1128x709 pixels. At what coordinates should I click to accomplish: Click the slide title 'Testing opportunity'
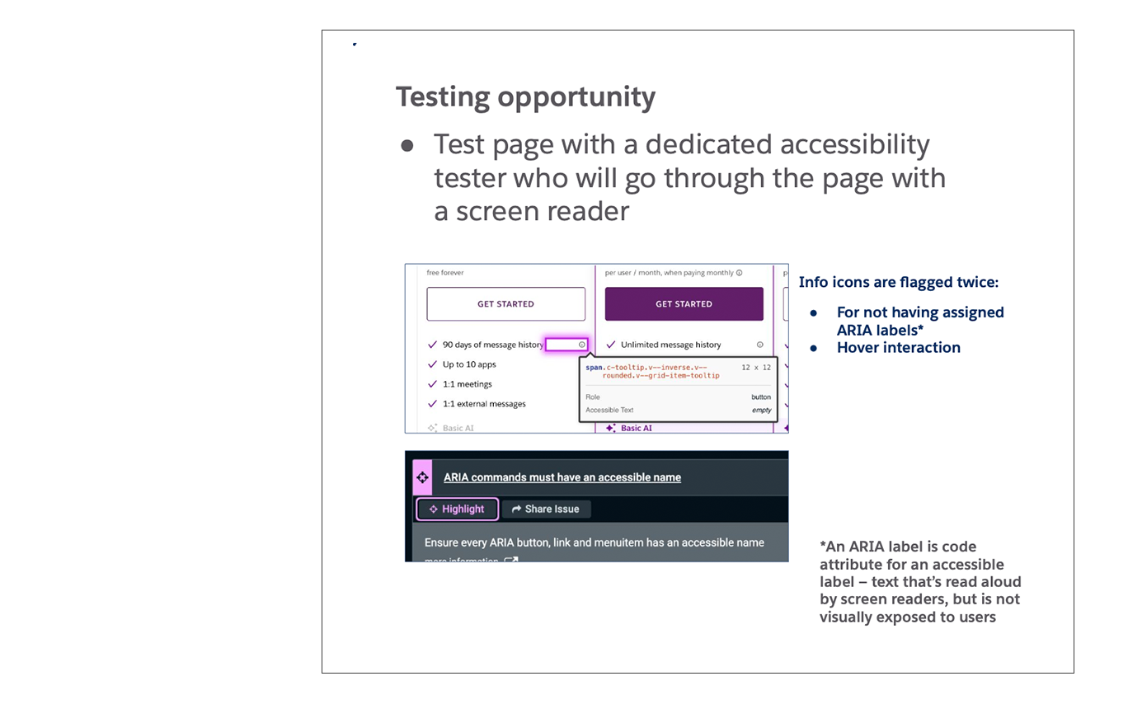pos(525,97)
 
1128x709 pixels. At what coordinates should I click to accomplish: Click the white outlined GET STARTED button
pos(505,304)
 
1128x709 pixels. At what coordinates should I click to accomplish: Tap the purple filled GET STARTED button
pos(684,304)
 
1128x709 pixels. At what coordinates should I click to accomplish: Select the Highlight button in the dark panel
pos(457,509)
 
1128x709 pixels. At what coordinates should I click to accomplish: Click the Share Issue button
pos(546,509)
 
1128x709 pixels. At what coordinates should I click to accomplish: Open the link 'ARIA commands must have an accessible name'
pos(562,477)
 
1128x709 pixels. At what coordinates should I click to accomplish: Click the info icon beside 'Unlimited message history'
pos(760,345)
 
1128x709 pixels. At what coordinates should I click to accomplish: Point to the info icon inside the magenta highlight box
pos(582,345)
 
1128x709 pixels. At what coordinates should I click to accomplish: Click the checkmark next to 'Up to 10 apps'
pos(433,364)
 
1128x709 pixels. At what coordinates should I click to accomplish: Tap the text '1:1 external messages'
pos(484,404)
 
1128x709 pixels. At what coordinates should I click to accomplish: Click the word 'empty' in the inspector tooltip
pos(761,410)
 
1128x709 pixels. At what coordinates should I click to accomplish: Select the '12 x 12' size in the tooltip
pos(756,367)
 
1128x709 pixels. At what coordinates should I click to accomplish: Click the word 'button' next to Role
pos(761,397)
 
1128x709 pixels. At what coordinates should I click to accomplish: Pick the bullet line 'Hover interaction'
pos(898,348)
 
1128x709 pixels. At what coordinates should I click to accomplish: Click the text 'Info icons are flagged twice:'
pos(898,283)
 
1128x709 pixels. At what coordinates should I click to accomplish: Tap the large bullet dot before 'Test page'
pos(407,146)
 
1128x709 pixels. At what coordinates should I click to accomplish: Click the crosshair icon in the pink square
pos(422,477)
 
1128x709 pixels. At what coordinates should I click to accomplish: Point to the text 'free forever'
pos(445,273)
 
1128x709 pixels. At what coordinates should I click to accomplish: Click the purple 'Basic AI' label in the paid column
pos(636,428)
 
